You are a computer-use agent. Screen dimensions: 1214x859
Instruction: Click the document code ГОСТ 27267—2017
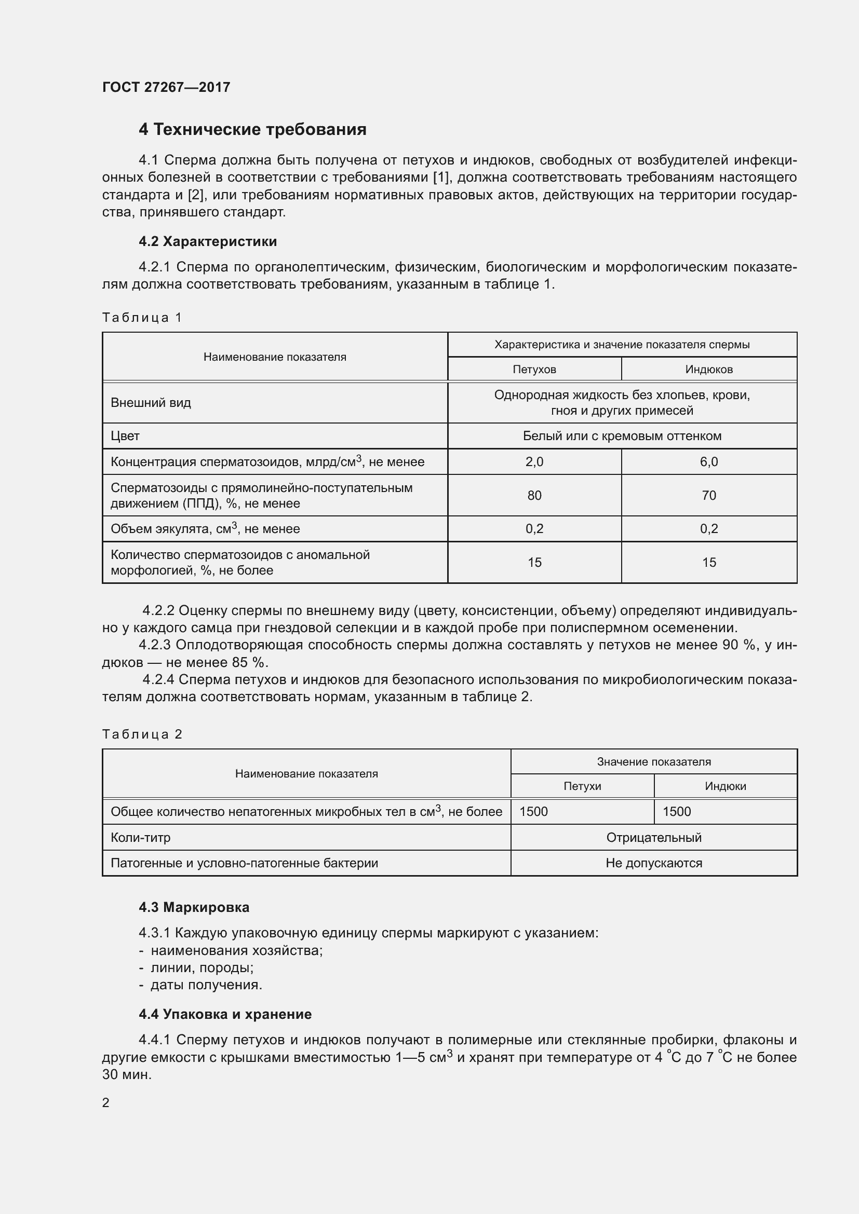tap(166, 87)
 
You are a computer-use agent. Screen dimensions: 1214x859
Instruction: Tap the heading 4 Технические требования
tap(252, 130)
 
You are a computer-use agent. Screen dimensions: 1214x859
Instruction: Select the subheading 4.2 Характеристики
tap(207, 242)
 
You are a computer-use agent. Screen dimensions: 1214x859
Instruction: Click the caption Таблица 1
tap(142, 317)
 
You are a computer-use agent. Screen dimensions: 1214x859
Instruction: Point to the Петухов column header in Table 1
tap(534, 369)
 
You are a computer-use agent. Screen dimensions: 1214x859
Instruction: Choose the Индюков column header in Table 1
tap(709, 369)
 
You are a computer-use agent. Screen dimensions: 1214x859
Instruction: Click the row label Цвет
tap(125, 436)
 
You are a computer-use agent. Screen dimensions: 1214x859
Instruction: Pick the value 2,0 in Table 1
tap(534, 461)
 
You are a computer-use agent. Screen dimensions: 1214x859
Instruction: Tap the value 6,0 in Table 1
tap(709, 461)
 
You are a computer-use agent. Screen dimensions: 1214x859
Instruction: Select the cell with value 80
tap(534, 496)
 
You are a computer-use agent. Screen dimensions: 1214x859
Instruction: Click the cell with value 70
tap(709, 496)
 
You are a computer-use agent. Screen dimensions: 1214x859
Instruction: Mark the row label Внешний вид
tap(151, 403)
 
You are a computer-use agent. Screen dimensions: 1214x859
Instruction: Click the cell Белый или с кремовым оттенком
tap(622, 436)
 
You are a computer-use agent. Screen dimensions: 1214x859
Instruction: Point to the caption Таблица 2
tap(142, 734)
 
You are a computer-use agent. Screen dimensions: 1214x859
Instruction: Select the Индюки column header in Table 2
tap(725, 786)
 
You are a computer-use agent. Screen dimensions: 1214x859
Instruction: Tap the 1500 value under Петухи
tap(534, 812)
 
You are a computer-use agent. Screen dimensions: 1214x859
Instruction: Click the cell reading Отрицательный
tap(654, 838)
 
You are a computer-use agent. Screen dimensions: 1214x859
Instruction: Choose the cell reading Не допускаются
tap(654, 863)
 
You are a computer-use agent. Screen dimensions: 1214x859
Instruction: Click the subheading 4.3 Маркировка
tap(194, 907)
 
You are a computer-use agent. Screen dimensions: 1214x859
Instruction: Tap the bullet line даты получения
tap(206, 985)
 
